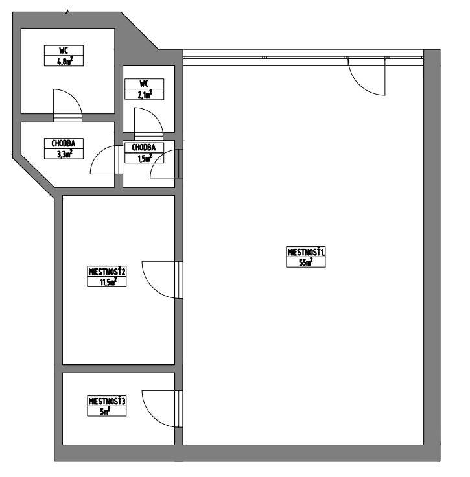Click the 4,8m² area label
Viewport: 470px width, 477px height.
[64, 62]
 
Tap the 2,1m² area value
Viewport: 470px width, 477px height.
[144, 95]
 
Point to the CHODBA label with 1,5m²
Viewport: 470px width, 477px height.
[143, 147]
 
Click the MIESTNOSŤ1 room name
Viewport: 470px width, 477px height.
[305, 252]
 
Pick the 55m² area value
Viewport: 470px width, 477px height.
[305, 262]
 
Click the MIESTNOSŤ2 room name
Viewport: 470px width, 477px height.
[107, 272]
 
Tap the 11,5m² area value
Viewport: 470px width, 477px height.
[107, 281]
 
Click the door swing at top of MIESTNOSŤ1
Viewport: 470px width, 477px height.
[366, 76]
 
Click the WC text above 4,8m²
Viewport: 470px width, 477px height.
[64, 51]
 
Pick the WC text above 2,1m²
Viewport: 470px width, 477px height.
[144, 84]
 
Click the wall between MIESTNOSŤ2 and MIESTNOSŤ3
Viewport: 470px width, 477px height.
[119, 368]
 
